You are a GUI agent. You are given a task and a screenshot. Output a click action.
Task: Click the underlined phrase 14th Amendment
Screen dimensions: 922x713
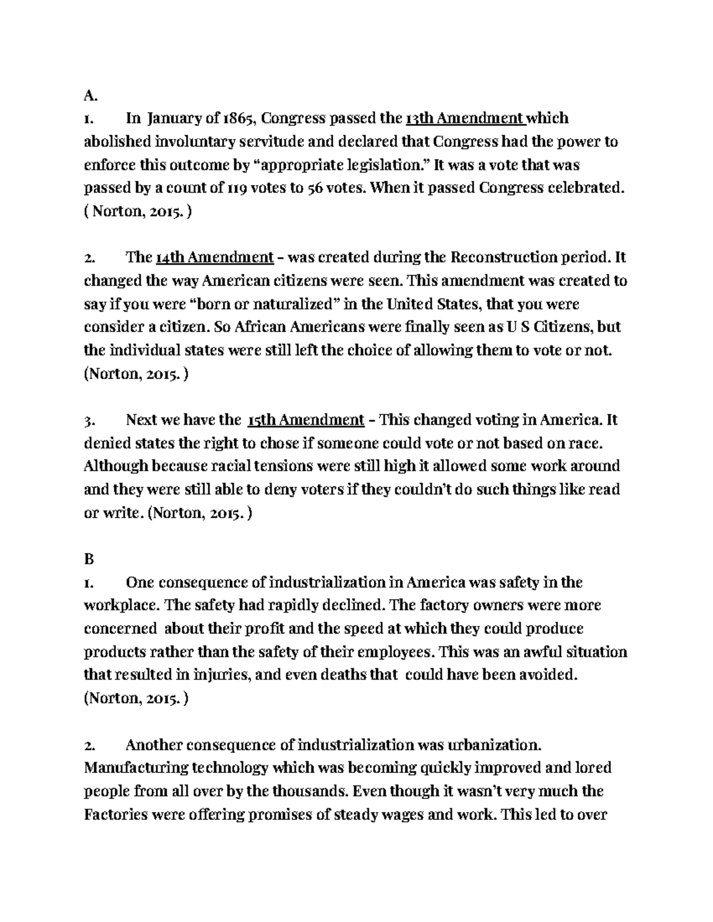point(214,258)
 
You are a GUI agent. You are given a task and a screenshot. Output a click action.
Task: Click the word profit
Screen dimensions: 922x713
point(296,628)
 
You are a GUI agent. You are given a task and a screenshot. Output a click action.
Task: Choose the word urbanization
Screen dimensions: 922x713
point(487,744)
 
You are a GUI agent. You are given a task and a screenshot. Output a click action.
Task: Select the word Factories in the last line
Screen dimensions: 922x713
point(116,815)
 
